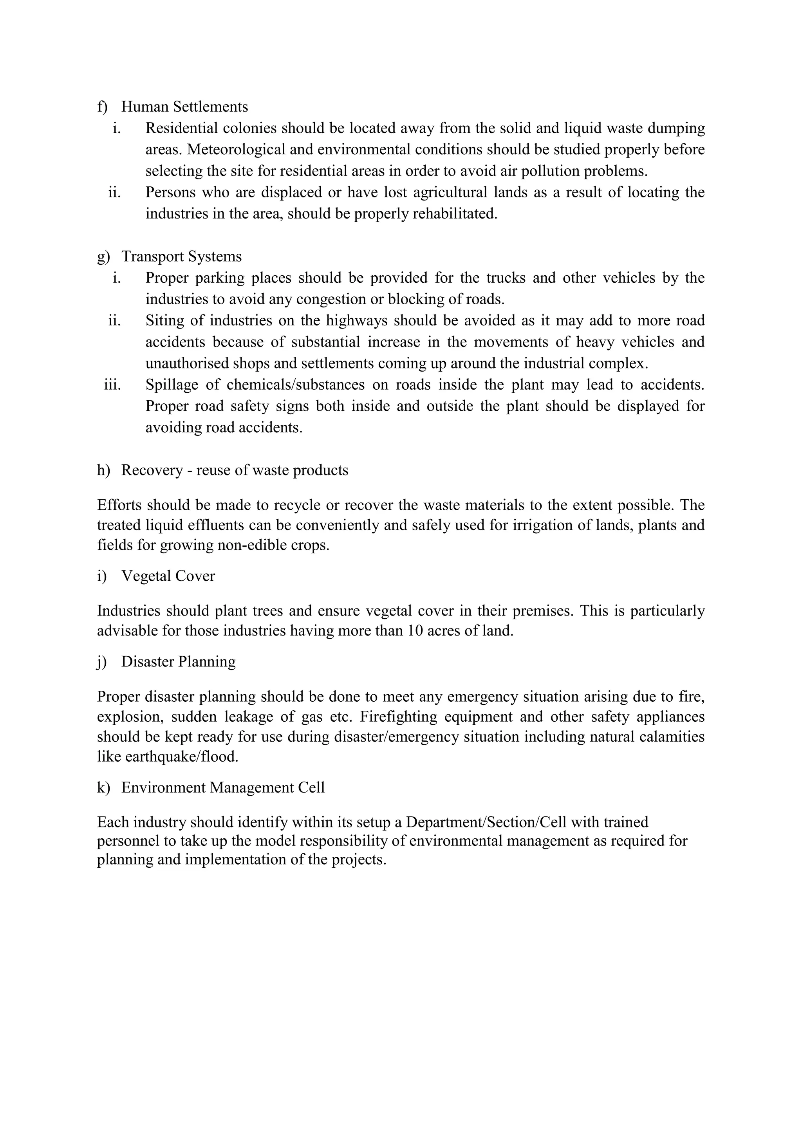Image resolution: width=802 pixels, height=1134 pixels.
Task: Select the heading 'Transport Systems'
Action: pos(181,256)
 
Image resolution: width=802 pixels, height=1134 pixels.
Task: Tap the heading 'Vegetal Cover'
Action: pos(168,576)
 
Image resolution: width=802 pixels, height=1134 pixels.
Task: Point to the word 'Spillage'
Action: pos(172,385)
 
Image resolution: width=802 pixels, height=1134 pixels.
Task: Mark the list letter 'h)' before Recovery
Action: pos(103,470)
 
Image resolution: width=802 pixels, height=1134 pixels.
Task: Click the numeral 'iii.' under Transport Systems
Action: pos(113,385)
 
